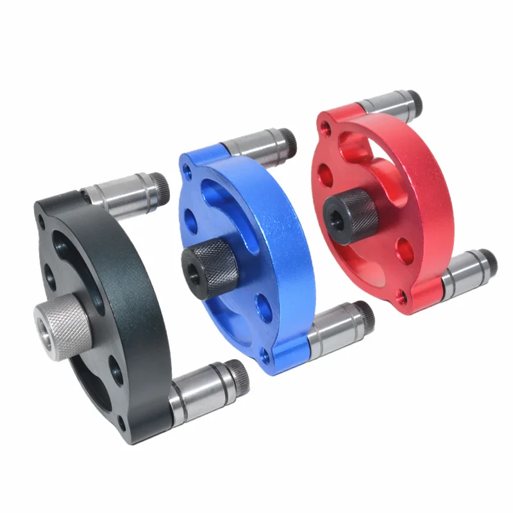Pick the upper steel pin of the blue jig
pos(256,145)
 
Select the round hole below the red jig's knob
pos(402,249)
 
